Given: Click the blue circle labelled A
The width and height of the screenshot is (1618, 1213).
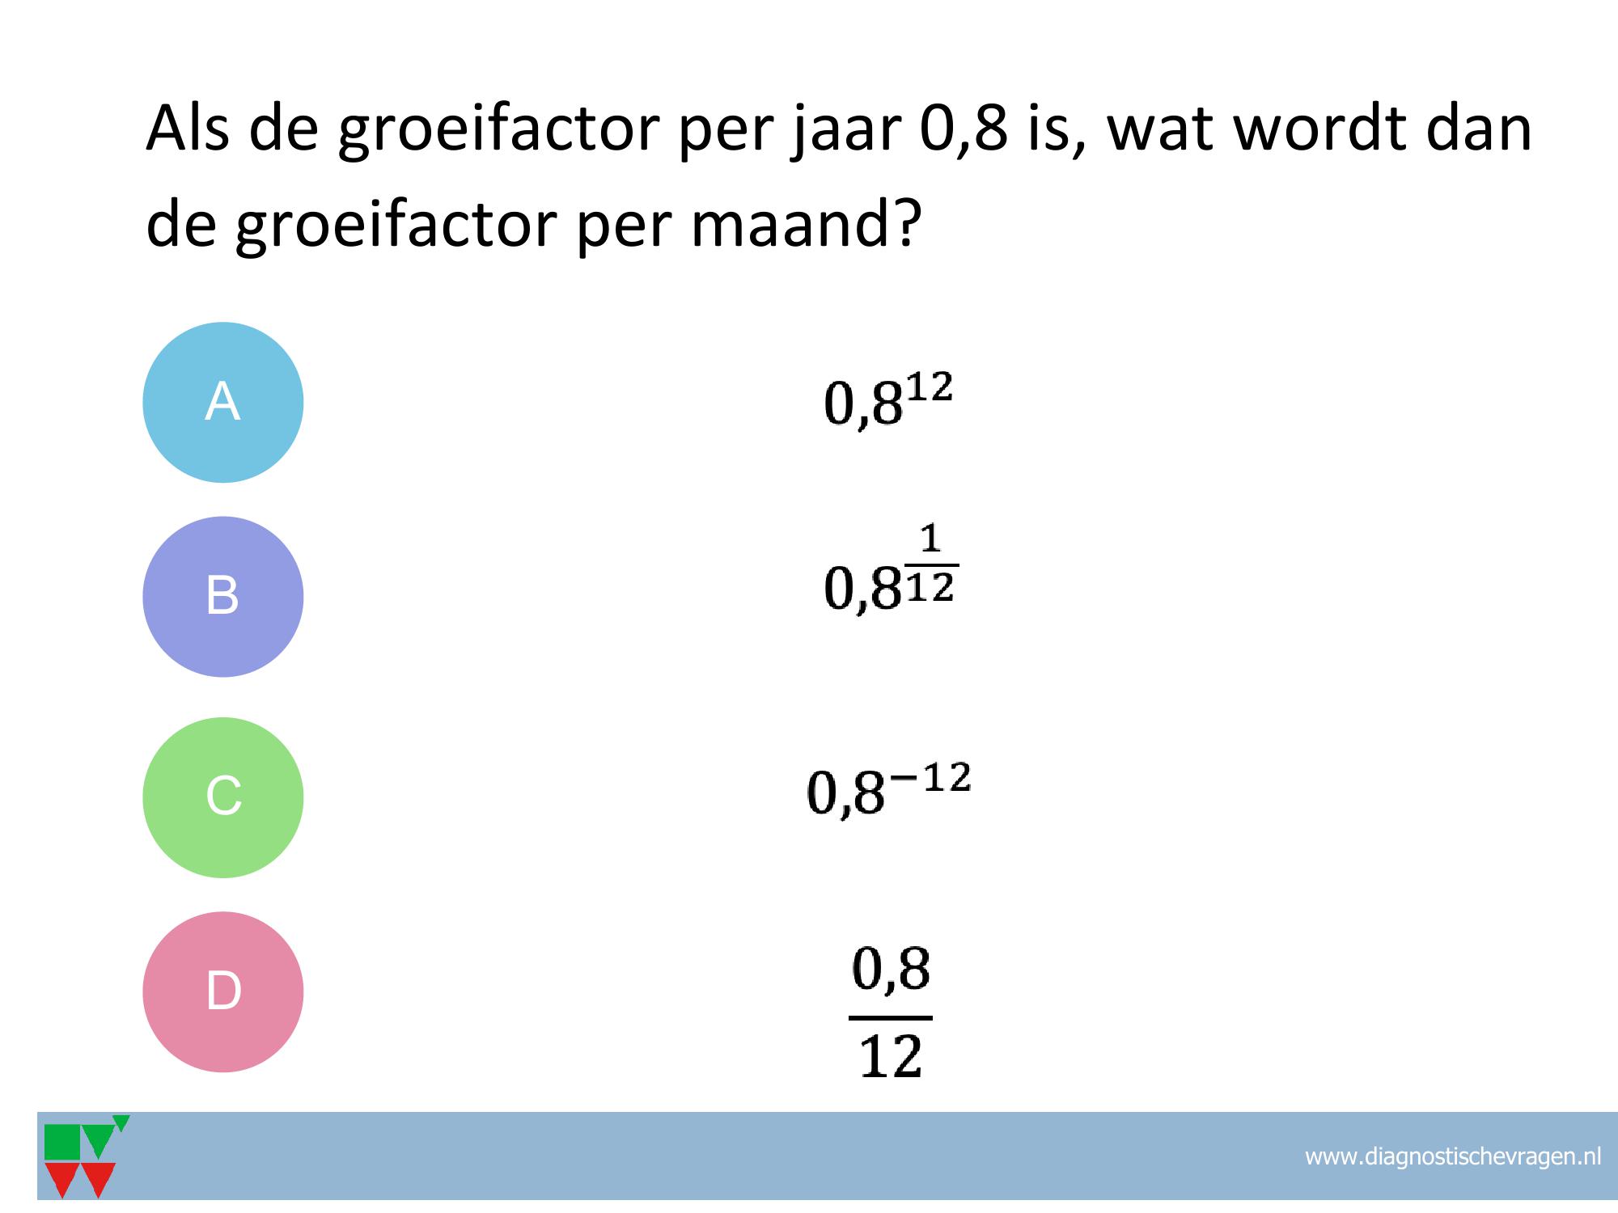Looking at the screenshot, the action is tap(223, 403).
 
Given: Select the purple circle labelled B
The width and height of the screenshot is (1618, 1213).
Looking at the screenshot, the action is tap(223, 597).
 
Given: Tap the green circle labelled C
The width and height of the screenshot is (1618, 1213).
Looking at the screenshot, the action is tap(223, 797).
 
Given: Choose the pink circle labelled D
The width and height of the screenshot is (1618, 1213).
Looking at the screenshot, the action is tap(223, 991).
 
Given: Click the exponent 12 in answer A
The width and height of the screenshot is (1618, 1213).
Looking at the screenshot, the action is tap(928, 387).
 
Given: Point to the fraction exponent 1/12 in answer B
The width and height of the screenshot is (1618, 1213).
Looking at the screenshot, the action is tap(932, 563).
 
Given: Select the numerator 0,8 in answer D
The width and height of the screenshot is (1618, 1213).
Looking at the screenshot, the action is tap(891, 970).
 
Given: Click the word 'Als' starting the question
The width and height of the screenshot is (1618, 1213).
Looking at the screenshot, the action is tap(188, 128).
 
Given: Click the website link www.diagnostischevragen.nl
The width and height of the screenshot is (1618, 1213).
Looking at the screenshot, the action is tap(1453, 1156).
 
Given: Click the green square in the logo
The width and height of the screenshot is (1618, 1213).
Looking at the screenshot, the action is tap(62, 1142).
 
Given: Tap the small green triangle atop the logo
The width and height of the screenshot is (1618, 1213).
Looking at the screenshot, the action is tap(121, 1122).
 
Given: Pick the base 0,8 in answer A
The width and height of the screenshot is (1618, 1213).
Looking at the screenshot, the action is tap(862, 404).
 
